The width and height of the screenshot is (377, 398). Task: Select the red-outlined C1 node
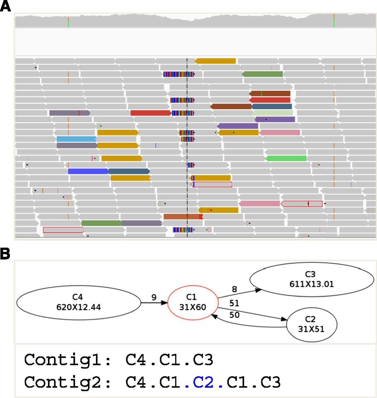click(x=193, y=303)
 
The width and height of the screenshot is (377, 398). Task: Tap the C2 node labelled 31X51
click(x=312, y=325)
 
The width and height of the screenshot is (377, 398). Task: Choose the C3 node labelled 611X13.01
click(x=312, y=280)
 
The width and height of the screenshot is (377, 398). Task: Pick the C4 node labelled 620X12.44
click(x=79, y=303)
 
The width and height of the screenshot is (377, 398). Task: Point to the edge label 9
click(x=154, y=297)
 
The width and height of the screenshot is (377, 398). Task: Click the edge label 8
click(x=234, y=289)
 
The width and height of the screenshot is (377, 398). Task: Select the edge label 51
click(x=234, y=303)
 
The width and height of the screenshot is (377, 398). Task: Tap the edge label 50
click(x=234, y=315)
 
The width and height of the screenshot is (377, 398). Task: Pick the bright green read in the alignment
click(x=286, y=158)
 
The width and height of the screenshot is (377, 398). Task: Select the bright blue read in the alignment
click(x=88, y=171)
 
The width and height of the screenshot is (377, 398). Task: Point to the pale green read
click(x=272, y=113)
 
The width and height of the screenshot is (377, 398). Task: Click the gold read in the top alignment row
click(x=215, y=61)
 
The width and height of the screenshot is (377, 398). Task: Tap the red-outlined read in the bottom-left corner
click(x=63, y=230)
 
